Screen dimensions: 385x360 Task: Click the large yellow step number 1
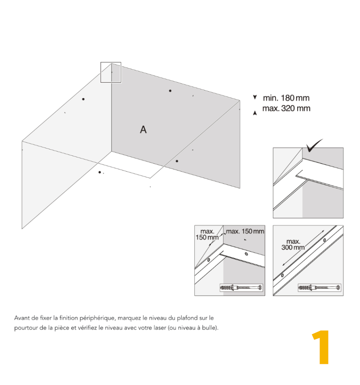tap(321, 347)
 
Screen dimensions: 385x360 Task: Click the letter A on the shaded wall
tap(143, 129)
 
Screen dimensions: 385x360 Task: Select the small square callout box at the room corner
tap(111, 72)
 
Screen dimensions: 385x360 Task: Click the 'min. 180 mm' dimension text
tap(286, 98)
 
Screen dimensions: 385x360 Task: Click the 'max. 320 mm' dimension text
tap(286, 108)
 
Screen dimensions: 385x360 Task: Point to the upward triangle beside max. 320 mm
tap(255, 113)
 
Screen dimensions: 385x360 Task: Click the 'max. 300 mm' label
tap(293, 245)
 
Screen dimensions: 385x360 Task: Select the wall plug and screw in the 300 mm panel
tap(320, 288)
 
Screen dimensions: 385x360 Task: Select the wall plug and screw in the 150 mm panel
tap(242, 288)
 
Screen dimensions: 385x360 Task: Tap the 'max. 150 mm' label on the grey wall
tap(245, 231)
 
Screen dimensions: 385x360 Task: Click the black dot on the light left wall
tap(83, 99)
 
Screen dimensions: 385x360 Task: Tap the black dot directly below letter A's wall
tap(176, 161)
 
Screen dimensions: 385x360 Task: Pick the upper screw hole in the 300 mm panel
tap(324, 240)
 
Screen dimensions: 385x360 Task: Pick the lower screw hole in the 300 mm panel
tap(283, 275)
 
